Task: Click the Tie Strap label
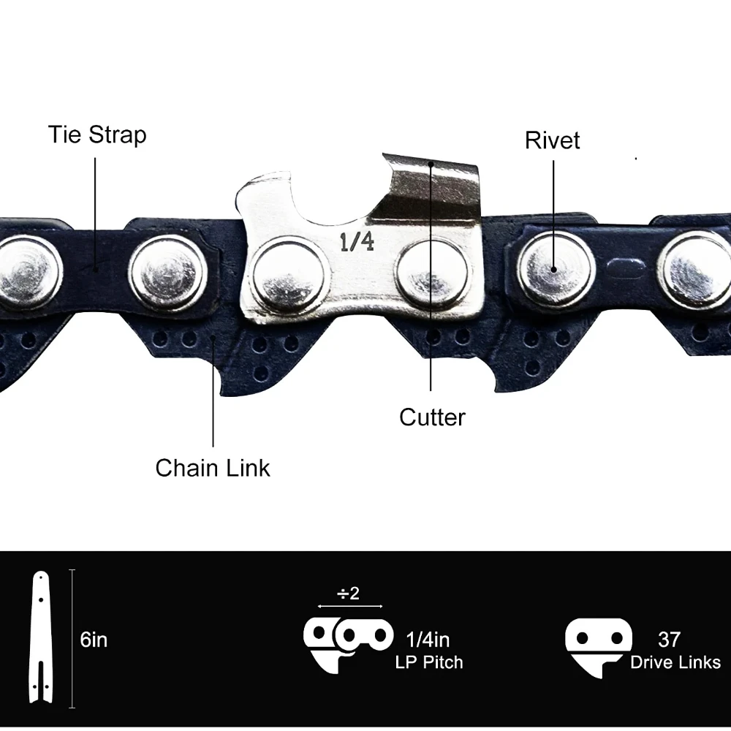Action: click(97, 135)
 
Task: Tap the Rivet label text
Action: click(552, 140)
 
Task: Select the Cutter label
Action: click(432, 417)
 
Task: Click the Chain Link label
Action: click(213, 468)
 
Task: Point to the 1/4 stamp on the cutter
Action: click(357, 242)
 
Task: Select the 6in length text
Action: click(94, 640)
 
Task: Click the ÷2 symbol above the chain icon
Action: click(349, 594)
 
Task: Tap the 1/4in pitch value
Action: click(428, 640)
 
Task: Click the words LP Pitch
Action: click(429, 662)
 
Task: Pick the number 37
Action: click(669, 640)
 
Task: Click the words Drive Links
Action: click(675, 662)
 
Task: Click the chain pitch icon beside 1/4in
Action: click(347, 640)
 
